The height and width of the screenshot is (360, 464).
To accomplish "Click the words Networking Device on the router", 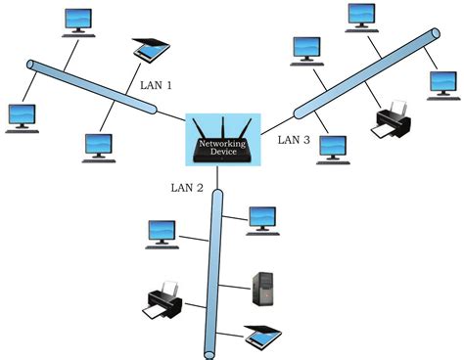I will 221,148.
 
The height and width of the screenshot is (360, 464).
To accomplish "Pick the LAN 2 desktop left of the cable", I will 162,233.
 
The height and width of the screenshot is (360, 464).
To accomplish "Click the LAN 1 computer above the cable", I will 76,19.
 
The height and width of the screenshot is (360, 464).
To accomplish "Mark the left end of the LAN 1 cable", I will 31,66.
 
